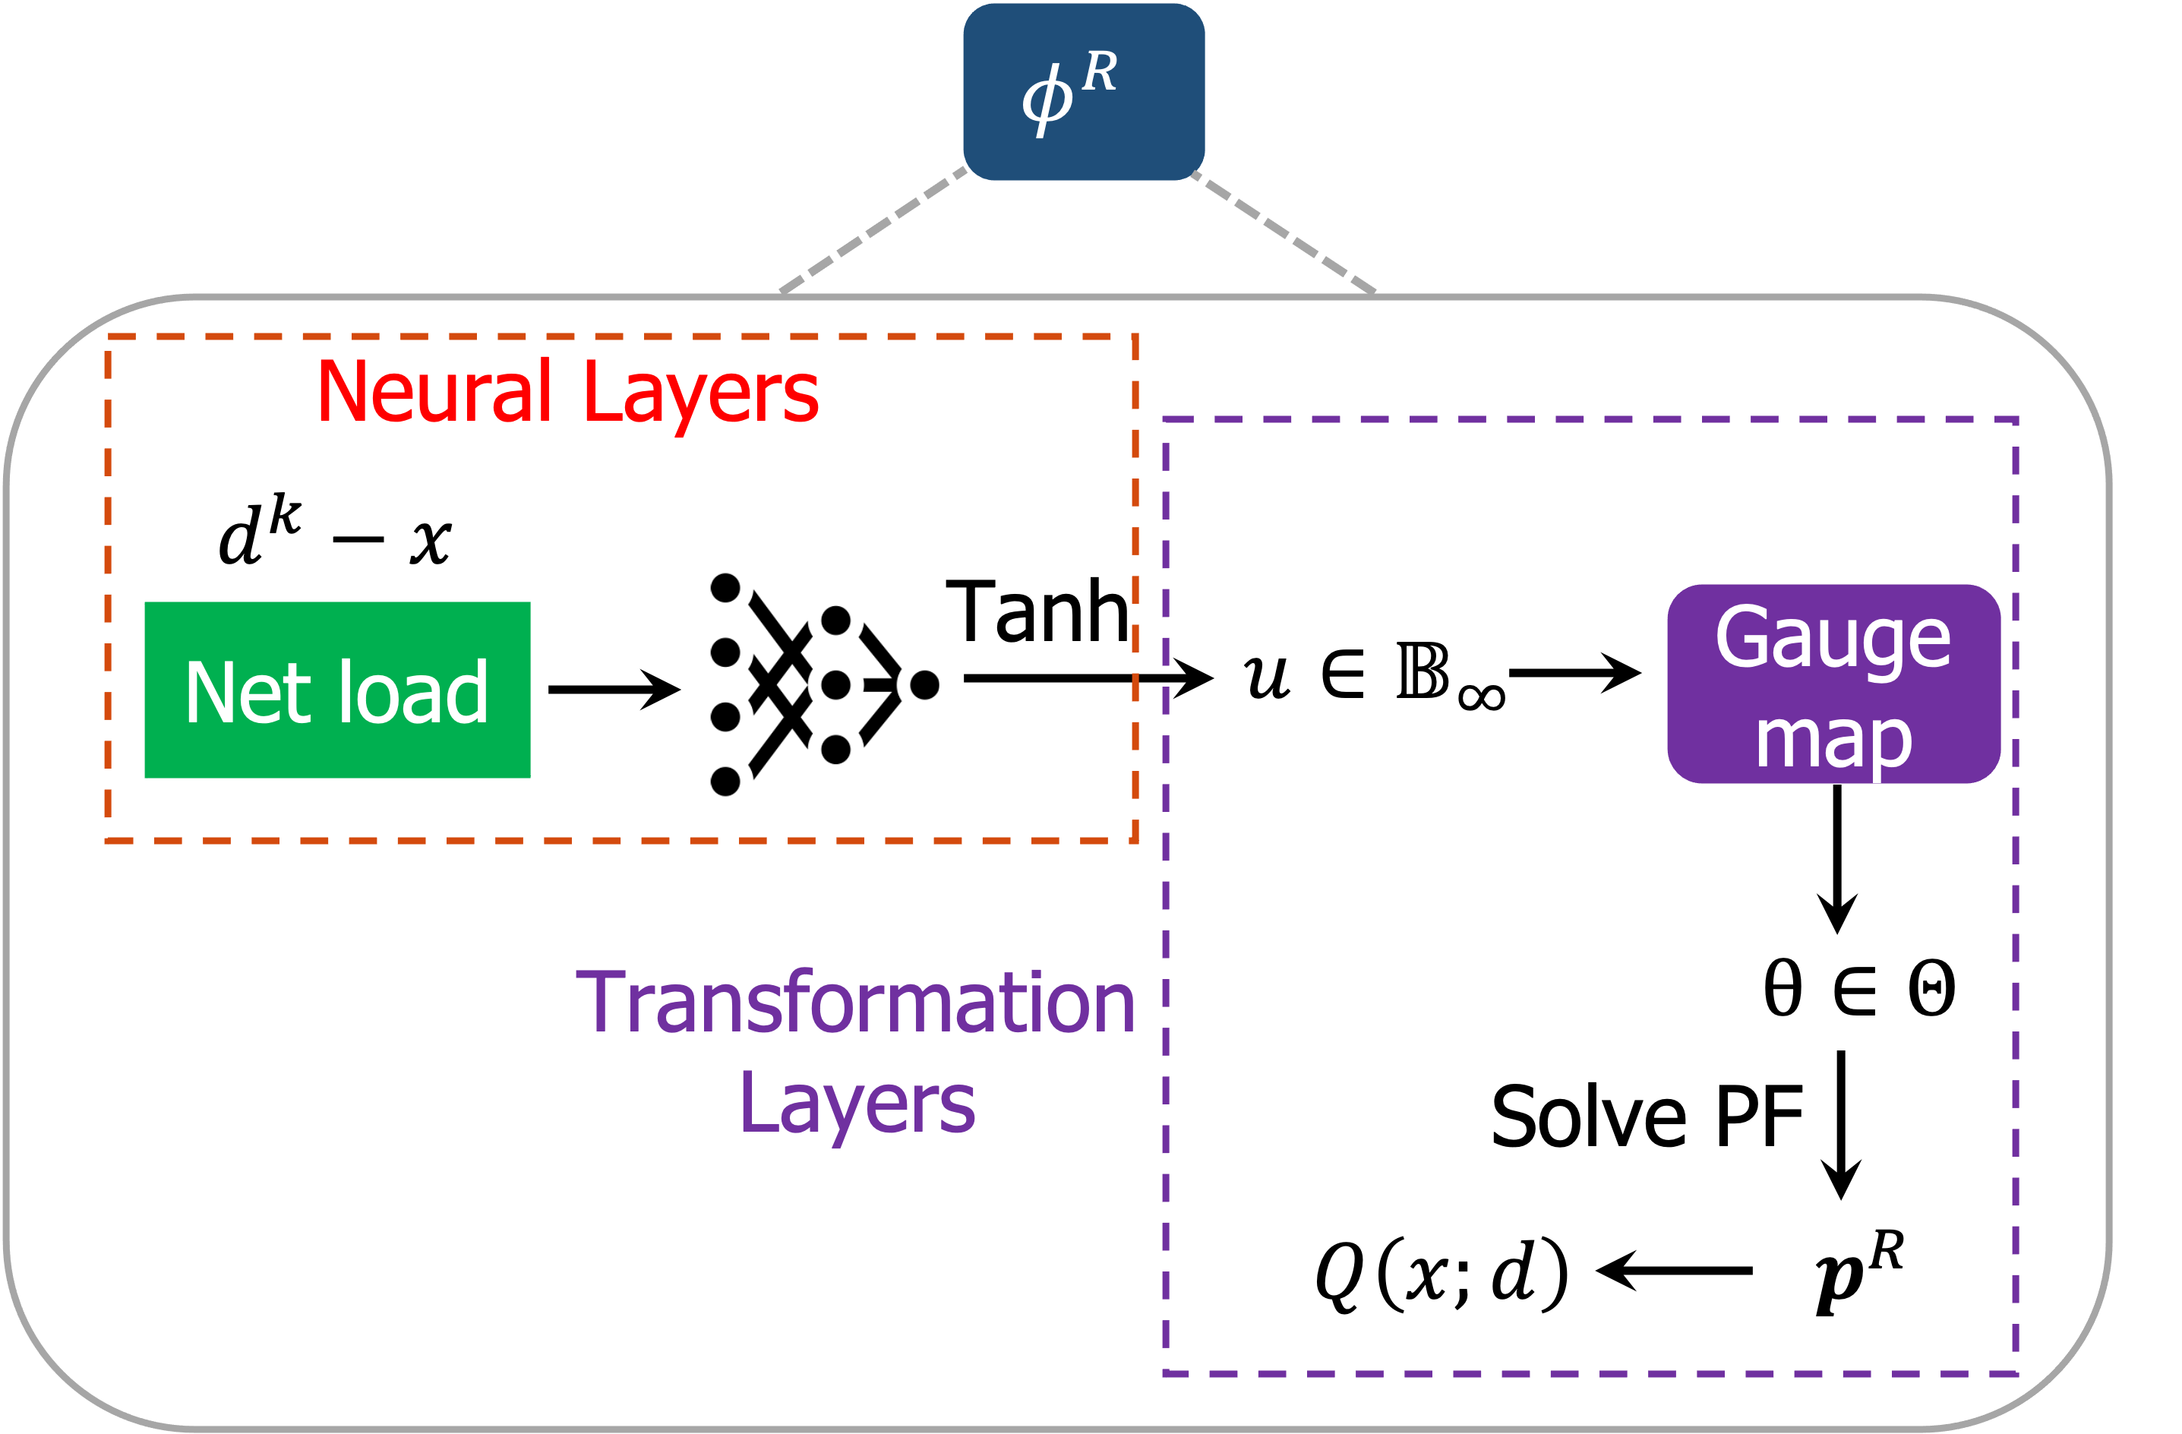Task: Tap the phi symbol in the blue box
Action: (x=1046, y=99)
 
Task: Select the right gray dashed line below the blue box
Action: (x=1284, y=231)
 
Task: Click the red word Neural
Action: (x=434, y=393)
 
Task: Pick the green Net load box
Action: (x=336, y=690)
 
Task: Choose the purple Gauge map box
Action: (x=1833, y=684)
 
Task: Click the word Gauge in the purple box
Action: (x=1833, y=639)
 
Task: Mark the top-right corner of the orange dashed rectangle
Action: (x=1135, y=336)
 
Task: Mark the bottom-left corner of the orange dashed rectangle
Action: (x=108, y=840)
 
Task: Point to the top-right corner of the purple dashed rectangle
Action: (x=2015, y=420)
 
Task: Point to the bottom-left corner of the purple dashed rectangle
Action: (x=1165, y=1373)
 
